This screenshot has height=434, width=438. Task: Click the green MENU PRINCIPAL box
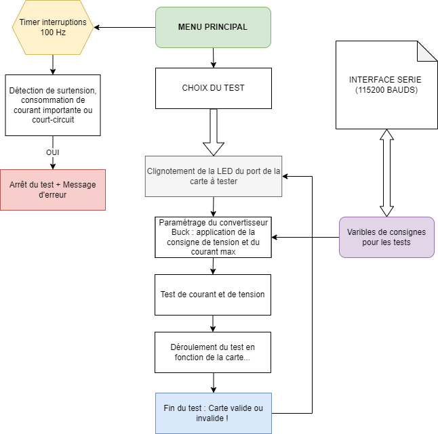(x=213, y=27)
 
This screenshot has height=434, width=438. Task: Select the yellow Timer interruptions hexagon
(x=53, y=27)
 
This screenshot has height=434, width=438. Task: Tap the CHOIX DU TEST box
(x=214, y=88)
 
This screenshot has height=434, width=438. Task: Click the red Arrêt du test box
(x=53, y=190)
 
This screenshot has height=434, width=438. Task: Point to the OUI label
(x=52, y=152)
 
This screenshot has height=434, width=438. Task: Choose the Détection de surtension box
(x=53, y=105)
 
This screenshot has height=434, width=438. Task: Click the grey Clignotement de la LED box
(x=214, y=176)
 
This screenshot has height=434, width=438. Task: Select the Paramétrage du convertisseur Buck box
(x=213, y=237)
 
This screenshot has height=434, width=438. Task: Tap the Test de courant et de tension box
(x=213, y=295)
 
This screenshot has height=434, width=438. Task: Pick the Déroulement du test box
(x=213, y=352)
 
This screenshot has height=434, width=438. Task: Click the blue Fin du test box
(x=214, y=414)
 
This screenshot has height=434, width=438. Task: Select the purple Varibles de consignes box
(x=386, y=237)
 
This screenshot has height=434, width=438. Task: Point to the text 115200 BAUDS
(x=386, y=90)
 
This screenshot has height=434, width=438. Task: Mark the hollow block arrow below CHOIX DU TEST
(x=214, y=132)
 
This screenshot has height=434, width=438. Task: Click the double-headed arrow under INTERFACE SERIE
(x=386, y=173)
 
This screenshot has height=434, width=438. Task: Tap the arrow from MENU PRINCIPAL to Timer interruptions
(x=125, y=27)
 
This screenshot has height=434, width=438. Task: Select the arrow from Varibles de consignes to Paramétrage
(x=305, y=238)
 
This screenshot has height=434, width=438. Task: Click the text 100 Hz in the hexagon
(x=53, y=32)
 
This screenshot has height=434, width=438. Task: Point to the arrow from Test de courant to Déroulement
(x=213, y=324)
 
